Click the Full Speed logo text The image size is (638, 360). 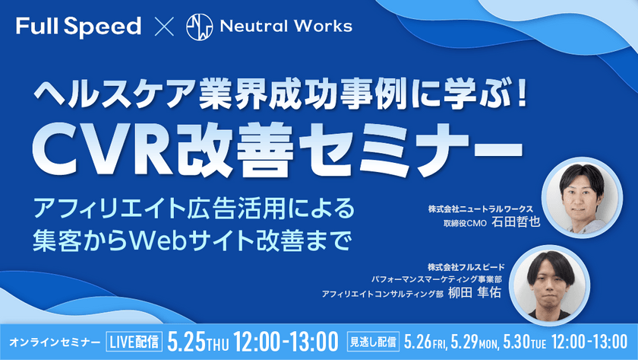[x=78, y=27]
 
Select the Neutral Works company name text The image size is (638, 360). [x=286, y=27]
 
